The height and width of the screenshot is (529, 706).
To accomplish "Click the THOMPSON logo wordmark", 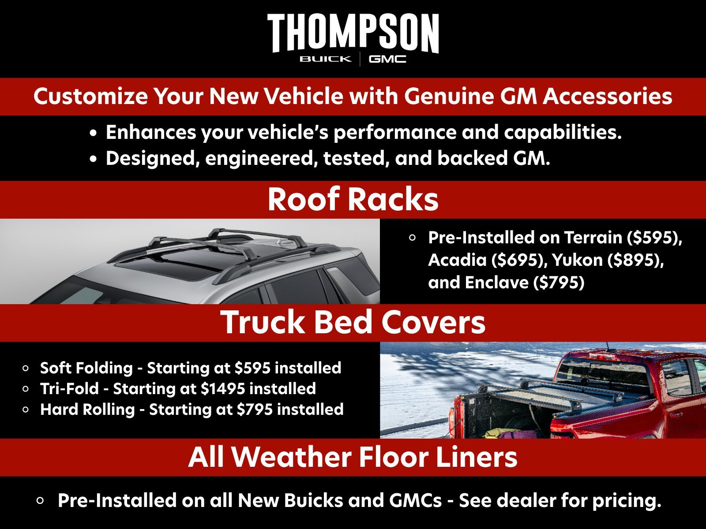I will pos(353,33).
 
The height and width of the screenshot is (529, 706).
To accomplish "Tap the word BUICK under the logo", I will pos(326,59).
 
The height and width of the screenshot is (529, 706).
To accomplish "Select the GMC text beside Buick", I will pos(387,59).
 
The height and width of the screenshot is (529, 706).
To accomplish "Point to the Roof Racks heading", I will pos(353,199).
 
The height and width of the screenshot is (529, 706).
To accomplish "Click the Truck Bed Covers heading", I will pos(353,322).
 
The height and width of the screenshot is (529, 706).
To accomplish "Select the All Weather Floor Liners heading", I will pos(353,457).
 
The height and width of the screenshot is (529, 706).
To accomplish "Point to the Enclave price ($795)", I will pos(559,283).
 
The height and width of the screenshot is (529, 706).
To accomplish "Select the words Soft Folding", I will pos(86,368).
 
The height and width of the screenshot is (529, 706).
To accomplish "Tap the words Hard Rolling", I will pos(87,410).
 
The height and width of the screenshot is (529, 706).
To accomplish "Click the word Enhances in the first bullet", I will pos(150,133).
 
